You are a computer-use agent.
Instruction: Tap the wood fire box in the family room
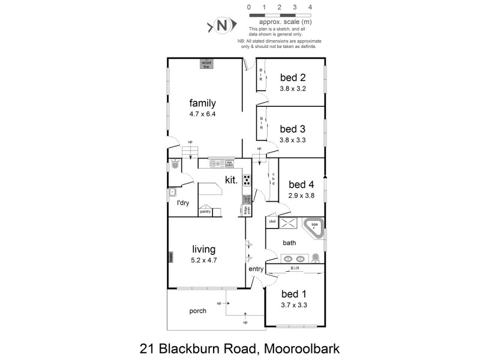point(206,63)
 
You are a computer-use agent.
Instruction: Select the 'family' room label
point(202,102)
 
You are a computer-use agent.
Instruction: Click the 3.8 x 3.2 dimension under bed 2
point(293,88)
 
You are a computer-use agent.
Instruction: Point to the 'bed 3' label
point(293,128)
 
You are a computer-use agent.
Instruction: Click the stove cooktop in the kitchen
point(247,179)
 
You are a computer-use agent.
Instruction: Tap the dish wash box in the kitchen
point(229,163)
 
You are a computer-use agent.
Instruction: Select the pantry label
point(205,211)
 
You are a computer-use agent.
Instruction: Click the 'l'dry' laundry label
point(183,203)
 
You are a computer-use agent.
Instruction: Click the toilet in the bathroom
point(316,258)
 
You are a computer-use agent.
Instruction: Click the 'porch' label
point(197,311)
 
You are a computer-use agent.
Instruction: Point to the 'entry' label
point(256,269)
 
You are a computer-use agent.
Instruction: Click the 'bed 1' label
point(293,295)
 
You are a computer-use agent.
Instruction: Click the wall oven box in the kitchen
point(246,199)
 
